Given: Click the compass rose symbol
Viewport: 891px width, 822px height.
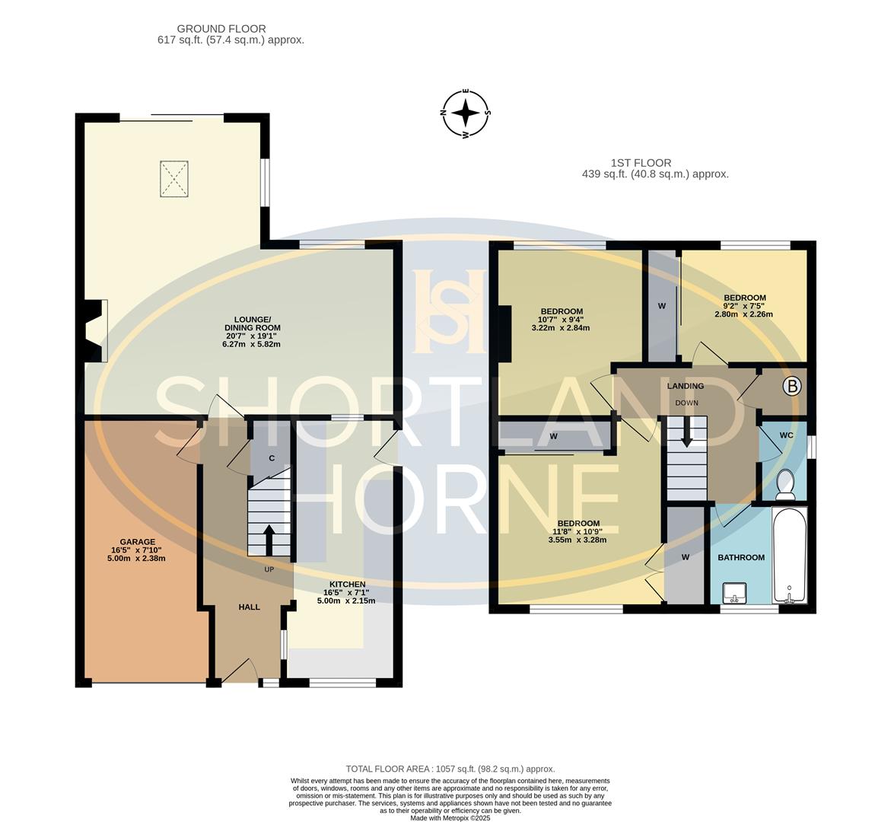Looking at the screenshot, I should click(x=466, y=113).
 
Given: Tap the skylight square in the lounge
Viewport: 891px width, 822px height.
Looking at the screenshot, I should click(x=174, y=179).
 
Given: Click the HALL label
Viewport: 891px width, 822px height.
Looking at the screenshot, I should click(x=250, y=607).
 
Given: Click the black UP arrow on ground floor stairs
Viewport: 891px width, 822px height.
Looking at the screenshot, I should click(x=269, y=540).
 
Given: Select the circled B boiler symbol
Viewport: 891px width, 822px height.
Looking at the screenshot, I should click(x=792, y=387).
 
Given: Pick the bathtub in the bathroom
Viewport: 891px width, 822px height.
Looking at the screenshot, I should click(x=789, y=556).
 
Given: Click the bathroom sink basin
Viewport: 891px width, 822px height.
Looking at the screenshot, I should click(x=735, y=591).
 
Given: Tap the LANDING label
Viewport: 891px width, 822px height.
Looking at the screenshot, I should click(x=685, y=386).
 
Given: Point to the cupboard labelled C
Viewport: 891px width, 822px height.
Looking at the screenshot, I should click(x=272, y=458).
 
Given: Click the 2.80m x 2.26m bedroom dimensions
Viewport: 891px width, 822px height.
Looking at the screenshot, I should click(x=743, y=314).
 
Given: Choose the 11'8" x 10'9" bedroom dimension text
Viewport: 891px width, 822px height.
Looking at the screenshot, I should click(x=578, y=532).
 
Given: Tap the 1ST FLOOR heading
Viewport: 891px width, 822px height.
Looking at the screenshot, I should click(x=641, y=163).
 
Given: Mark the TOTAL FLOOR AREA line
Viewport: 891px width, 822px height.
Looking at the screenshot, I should click(x=450, y=769).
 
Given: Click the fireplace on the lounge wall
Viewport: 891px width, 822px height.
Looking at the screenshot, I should click(x=94, y=330).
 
